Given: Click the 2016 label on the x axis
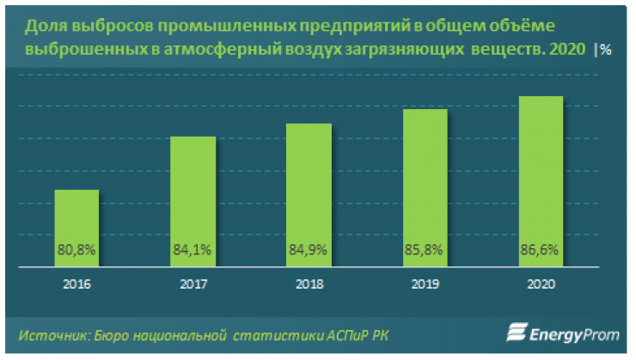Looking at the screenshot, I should (x=77, y=284).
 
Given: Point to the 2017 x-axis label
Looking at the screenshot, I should (x=193, y=284).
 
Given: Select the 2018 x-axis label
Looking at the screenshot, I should (x=309, y=284).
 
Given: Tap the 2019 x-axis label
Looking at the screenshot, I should (x=425, y=284).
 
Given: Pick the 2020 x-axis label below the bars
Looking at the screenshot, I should (x=541, y=284).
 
